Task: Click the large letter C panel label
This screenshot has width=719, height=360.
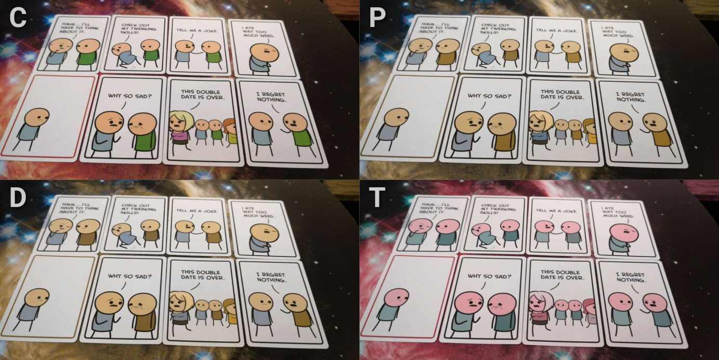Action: pyautogui.click(x=18, y=17)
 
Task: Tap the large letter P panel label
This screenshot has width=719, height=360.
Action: pyautogui.click(x=377, y=17)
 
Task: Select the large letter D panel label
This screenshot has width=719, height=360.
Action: pyautogui.click(x=18, y=198)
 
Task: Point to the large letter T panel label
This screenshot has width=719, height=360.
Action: pyautogui.click(x=377, y=198)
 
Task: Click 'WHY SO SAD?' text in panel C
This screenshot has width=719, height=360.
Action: pyautogui.click(x=129, y=96)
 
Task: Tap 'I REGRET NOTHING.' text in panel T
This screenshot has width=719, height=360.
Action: pyautogui.click(x=631, y=277)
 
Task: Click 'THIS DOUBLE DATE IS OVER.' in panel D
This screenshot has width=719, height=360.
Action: pyautogui.click(x=202, y=275)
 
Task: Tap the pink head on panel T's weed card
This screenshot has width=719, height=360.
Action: pyautogui.click(x=624, y=234)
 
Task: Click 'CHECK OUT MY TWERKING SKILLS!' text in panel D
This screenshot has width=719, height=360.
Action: pyautogui.click(x=138, y=209)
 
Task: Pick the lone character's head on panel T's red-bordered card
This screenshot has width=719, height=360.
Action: pyautogui.click(x=397, y=299)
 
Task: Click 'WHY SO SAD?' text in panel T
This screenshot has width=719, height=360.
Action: pyautogui.click(x=489, y=276)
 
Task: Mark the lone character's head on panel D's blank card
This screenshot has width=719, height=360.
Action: pyautogui.click(x=37, y=299)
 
